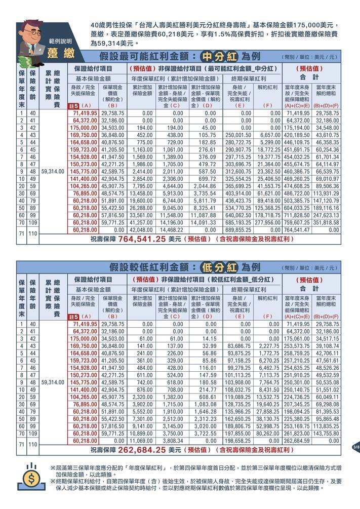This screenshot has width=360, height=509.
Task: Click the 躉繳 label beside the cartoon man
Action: pyautogui.click(x=61, y=53)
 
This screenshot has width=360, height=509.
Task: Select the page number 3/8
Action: pyautogui.click(x=355, y=447)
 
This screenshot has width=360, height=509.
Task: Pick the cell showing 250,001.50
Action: pyautogui.click(x=238, y=135)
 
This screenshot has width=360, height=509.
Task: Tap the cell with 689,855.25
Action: pyautogui.click(x=238, y=229)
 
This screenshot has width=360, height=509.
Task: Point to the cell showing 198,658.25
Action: pyautogui.click(x=238, y=441)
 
